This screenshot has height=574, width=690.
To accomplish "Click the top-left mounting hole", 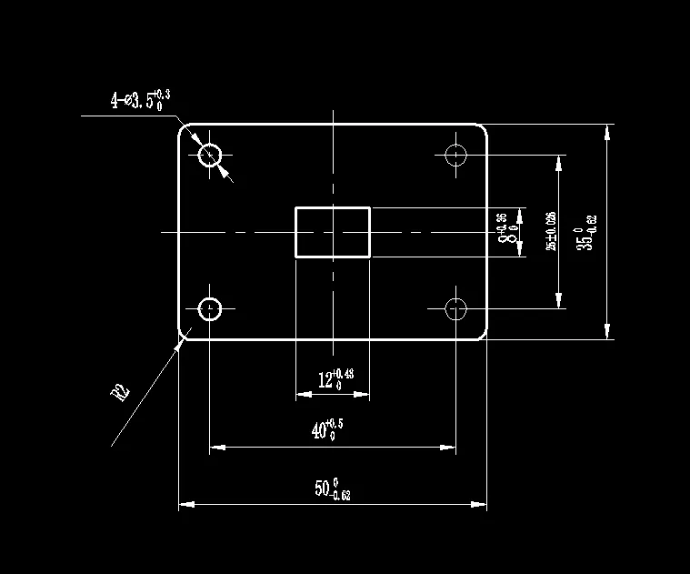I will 211,155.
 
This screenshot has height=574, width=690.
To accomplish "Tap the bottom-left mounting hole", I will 211,308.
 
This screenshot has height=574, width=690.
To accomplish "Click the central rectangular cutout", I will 333,232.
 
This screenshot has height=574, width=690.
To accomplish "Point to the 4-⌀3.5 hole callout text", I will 140,99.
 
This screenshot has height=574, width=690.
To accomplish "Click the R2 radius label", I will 120,392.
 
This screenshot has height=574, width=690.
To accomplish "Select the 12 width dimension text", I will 335,379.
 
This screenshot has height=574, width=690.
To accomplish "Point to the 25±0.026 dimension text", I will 550,232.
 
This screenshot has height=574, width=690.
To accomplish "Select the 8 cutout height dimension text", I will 505,232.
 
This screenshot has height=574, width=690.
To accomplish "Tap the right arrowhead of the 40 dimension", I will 450,447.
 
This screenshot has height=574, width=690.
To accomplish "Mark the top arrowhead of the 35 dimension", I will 606,130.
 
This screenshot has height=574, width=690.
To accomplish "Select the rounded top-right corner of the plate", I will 483,128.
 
